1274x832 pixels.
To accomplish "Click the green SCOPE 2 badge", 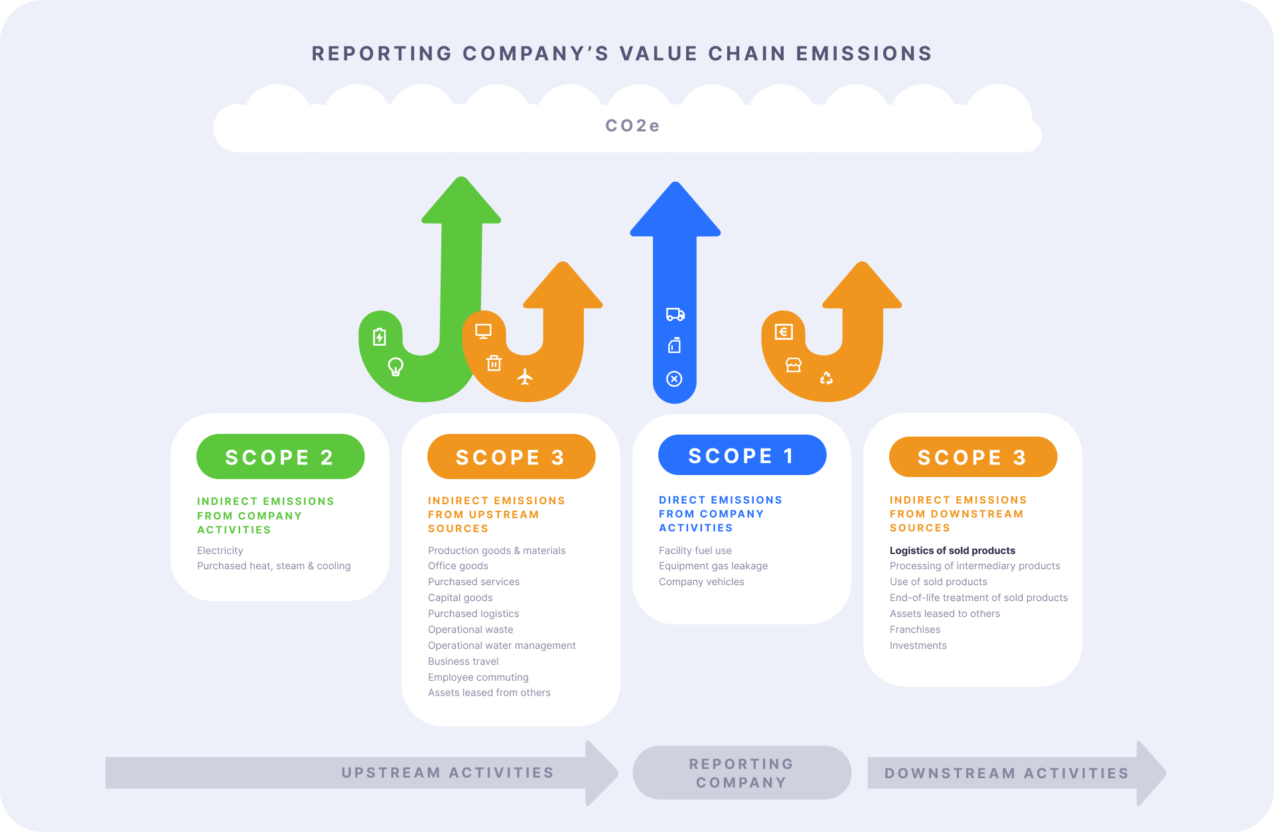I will coord(280,456).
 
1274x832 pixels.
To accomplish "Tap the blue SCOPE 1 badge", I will coord(742,455).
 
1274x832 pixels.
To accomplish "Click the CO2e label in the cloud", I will coord(632,125).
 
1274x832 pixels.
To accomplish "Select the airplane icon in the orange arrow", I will coord(525,377).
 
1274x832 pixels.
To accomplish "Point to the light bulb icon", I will coord(395,366).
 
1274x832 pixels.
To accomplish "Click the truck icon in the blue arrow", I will coord(675,314).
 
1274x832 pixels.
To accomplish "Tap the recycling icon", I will coord(826,378).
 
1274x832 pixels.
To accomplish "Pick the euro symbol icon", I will coord(784,331).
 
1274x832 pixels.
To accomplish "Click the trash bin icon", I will coord(494,363).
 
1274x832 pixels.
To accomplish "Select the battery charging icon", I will coord(379,336).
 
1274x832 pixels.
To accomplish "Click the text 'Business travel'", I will coord(463,661).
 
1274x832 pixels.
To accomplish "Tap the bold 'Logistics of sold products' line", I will coord(952,550).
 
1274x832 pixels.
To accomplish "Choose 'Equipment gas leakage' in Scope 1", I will coord(713,566).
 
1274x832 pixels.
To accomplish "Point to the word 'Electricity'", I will coord(220,550).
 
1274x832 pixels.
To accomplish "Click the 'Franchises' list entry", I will coord(914,629).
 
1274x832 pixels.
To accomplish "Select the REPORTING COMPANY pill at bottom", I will coord(741,773).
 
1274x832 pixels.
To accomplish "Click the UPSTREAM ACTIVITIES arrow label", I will coord(447,773).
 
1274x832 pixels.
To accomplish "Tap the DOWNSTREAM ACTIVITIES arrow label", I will coord(1006,774).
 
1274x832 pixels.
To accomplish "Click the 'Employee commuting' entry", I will coord(478,677).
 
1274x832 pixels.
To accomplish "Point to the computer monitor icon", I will coord(483,331).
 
